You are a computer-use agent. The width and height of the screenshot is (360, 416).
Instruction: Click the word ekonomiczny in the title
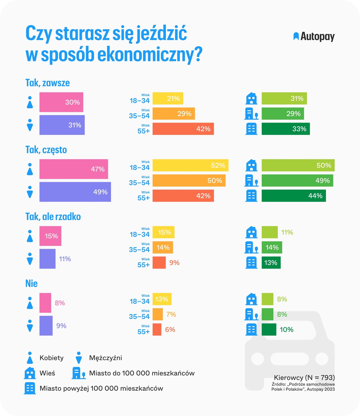tap(147, 55)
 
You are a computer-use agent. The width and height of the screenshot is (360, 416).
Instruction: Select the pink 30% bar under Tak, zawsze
tap(61, 102)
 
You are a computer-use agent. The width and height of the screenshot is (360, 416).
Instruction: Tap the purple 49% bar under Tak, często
tap(75, 192)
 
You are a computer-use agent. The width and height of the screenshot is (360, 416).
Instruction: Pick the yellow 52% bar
tap(190, 165)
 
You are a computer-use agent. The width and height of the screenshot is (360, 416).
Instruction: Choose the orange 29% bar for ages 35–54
tap(173, 114)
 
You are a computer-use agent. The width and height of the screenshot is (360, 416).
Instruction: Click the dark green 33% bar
tap(286, 129)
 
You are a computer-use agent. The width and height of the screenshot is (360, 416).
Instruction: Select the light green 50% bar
tap(298, 165)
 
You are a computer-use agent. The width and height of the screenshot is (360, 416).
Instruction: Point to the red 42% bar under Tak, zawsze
tap(183, 129)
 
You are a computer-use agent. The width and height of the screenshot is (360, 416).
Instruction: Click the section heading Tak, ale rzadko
tap(53, 217)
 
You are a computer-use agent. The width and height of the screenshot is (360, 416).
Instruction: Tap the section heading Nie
tap(31, 283)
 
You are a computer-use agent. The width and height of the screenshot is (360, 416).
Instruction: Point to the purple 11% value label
tap(65, 259)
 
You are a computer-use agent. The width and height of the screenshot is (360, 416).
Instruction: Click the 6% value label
tap(170, 330)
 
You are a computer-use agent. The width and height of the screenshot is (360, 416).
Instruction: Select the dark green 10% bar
tap(269, 329)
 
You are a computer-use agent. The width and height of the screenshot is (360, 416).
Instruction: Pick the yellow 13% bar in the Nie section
tap(162, 299)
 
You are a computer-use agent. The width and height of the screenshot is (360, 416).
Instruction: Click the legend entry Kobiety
tap(52, 358)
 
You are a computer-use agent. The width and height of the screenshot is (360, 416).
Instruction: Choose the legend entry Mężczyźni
tap(105, 358)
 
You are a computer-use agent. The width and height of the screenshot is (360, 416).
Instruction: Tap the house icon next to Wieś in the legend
tap(30, 373)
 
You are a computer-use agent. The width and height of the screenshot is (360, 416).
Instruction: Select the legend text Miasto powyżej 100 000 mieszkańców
tap(101, 388)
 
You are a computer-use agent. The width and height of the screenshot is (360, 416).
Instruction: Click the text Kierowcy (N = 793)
tap(304, 378)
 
